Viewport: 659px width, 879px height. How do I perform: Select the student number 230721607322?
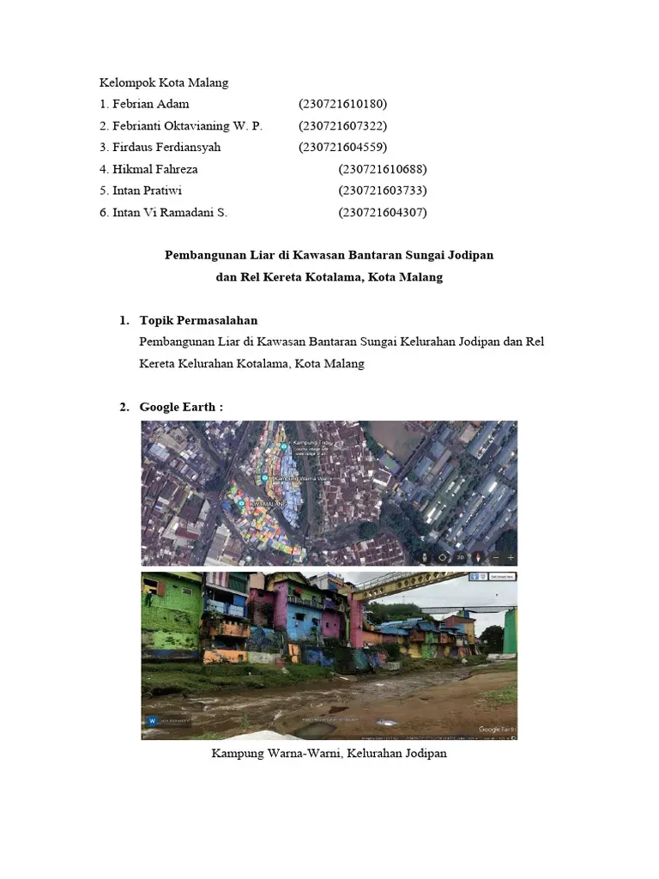point(343,126)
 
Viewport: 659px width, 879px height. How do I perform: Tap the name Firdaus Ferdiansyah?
point(166,148)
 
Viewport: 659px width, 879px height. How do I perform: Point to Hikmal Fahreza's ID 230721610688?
point(383,169)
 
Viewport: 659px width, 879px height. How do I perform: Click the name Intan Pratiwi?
point(147,191)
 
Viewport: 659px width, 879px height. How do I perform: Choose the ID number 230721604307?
point(383,212)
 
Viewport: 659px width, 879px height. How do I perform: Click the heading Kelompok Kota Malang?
point(164,83)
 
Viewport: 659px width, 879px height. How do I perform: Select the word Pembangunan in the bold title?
point(199,256)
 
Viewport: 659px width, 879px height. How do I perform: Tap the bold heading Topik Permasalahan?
point(198,320)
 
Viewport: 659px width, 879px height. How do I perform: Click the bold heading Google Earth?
point(181,406)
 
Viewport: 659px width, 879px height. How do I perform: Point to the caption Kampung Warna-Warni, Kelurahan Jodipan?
point(329,754)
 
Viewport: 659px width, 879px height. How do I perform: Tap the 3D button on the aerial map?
point(460,556)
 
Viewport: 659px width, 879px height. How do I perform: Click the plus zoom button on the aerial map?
point(510,556)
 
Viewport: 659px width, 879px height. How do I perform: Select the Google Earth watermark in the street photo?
point(496,728)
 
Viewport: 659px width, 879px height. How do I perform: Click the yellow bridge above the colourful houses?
point(403,586)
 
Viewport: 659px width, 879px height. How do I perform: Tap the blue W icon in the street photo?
point(152,721)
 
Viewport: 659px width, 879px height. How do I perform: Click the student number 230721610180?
point(343,105)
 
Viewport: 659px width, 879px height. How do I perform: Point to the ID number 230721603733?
point(383,191)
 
